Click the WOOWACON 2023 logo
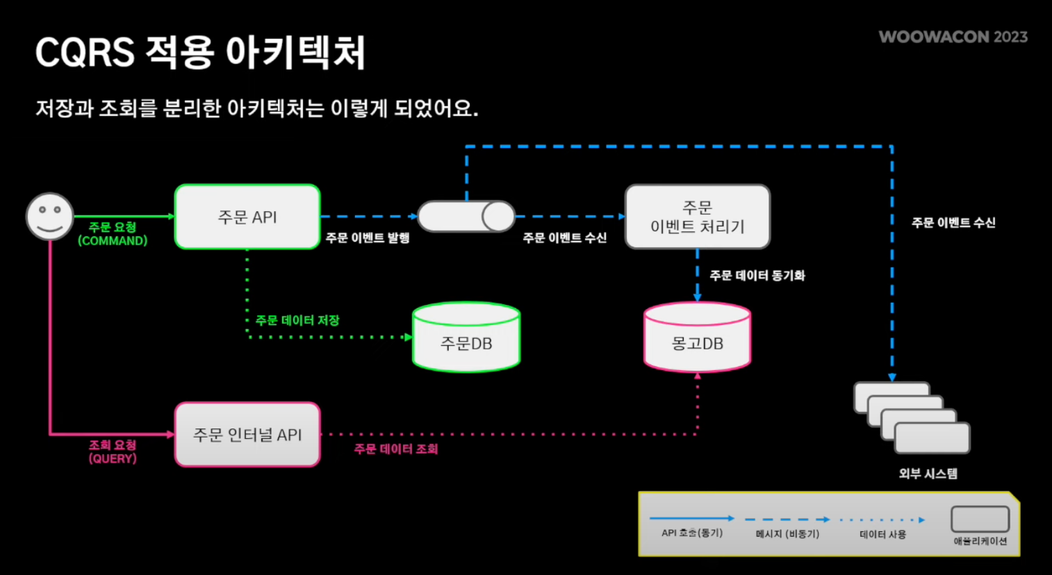953,37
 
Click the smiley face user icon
49,216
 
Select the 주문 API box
247,217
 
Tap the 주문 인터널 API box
247,435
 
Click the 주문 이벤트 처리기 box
698,217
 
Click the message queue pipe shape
466,217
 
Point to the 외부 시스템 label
928,474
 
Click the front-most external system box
932,438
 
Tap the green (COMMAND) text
113,241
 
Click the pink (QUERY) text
113,458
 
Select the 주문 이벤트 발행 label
368,238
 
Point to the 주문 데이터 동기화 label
757,276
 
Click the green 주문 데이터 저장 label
297,320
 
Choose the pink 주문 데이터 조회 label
396,449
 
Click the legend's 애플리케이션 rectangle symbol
980,519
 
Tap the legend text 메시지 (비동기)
787,534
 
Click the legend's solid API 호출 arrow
691,519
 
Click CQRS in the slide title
84,53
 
